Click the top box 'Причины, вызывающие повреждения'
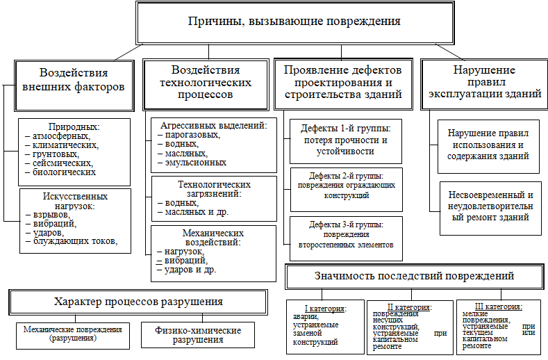click(x=295, y=23)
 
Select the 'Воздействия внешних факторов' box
click(x=74, y=85)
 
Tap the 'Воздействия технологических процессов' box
click(x=206, y=85)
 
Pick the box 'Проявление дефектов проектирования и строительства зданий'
click(x=343, y=84)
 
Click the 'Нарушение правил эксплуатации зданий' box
click(x=484, y=84)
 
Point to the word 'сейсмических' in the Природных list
click(x=63, y=163)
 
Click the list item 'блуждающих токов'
click(x=75, y=241)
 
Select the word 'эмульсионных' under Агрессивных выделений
click(x=196, y=163)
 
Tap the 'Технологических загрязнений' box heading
click(x=214, y=189)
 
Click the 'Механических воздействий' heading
click(x=213, y=238)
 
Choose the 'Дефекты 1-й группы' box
click(x=346, y=141)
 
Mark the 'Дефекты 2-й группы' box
click(x=347, y=190)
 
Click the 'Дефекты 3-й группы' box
click(x=346, y=238)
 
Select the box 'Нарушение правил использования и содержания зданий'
click(x=488, y=147)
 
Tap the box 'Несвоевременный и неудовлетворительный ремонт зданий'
click(x=490, y=208)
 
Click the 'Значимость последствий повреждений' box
click(x=415, y=277)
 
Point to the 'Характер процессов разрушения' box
click(x=138, y=302)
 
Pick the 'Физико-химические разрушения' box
click(x=198, y=335)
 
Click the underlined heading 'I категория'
click(x=325, y=309)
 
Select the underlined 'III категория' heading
click(x=499, y=306)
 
